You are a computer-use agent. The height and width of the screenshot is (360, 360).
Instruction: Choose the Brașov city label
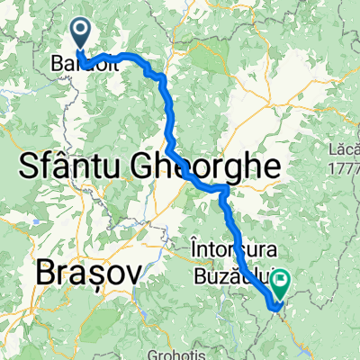tap(88, 271)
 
